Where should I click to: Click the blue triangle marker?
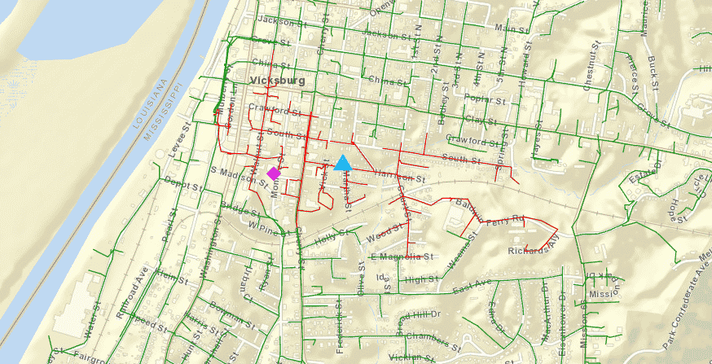click(x=343, y=163)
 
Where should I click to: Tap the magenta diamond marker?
click(x=273, y=173)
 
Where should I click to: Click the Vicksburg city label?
click(x=278, y=81)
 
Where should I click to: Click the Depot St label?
click(x=182, y=185)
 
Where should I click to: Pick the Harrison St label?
click(x=400, y=175)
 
